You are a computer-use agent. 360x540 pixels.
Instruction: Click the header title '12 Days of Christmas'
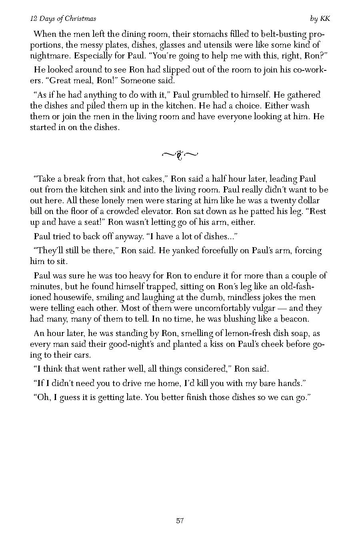coord(63,19)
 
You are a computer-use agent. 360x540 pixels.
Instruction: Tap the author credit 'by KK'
coord(320,19)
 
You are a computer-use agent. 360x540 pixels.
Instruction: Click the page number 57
coord(180,520)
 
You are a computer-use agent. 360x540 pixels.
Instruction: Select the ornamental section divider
coord(180,154)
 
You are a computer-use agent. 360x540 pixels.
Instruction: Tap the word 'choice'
coord(234,106)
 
